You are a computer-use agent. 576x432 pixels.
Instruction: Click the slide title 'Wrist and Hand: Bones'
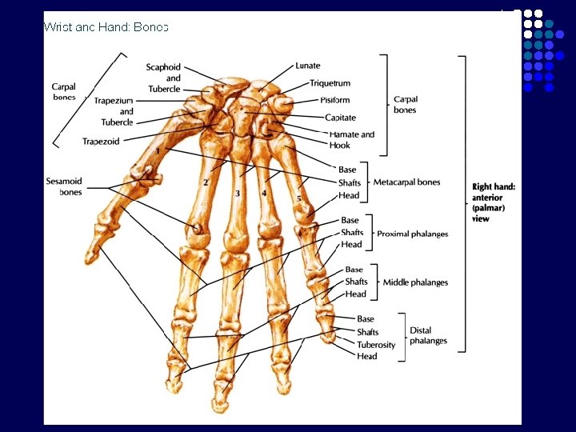click(106, 27)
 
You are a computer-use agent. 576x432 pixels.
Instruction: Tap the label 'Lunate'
click(307, 66)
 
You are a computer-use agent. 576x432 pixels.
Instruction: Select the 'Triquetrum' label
click(330, 83)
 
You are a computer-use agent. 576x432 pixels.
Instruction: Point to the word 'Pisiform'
click(334, 100)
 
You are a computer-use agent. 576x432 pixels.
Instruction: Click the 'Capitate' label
click(340, 118)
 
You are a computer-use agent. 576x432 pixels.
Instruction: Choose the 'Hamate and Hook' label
click(351, 140)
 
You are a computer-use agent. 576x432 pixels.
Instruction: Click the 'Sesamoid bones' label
click(64, 187)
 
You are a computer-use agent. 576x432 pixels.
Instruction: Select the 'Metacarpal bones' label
click(406, 182)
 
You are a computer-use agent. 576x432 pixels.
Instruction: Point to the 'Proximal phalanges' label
click(412, 234)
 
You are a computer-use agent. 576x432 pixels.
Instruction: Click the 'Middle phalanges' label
click(415, 282)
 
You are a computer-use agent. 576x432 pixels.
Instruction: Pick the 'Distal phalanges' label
click(428, 335)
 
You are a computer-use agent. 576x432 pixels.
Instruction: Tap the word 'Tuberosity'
click(376, 345)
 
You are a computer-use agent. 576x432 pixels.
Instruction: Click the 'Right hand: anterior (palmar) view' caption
click(494, 202)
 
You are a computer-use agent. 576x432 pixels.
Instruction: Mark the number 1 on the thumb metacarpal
click(158, 150)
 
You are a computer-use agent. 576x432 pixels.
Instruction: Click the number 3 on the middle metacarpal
click(238, 194)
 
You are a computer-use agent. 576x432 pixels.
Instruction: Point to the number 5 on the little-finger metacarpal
click(299, 198)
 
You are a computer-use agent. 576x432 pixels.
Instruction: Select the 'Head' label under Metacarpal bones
click(349, 195)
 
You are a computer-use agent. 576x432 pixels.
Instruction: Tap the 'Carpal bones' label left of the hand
click(64, 92)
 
